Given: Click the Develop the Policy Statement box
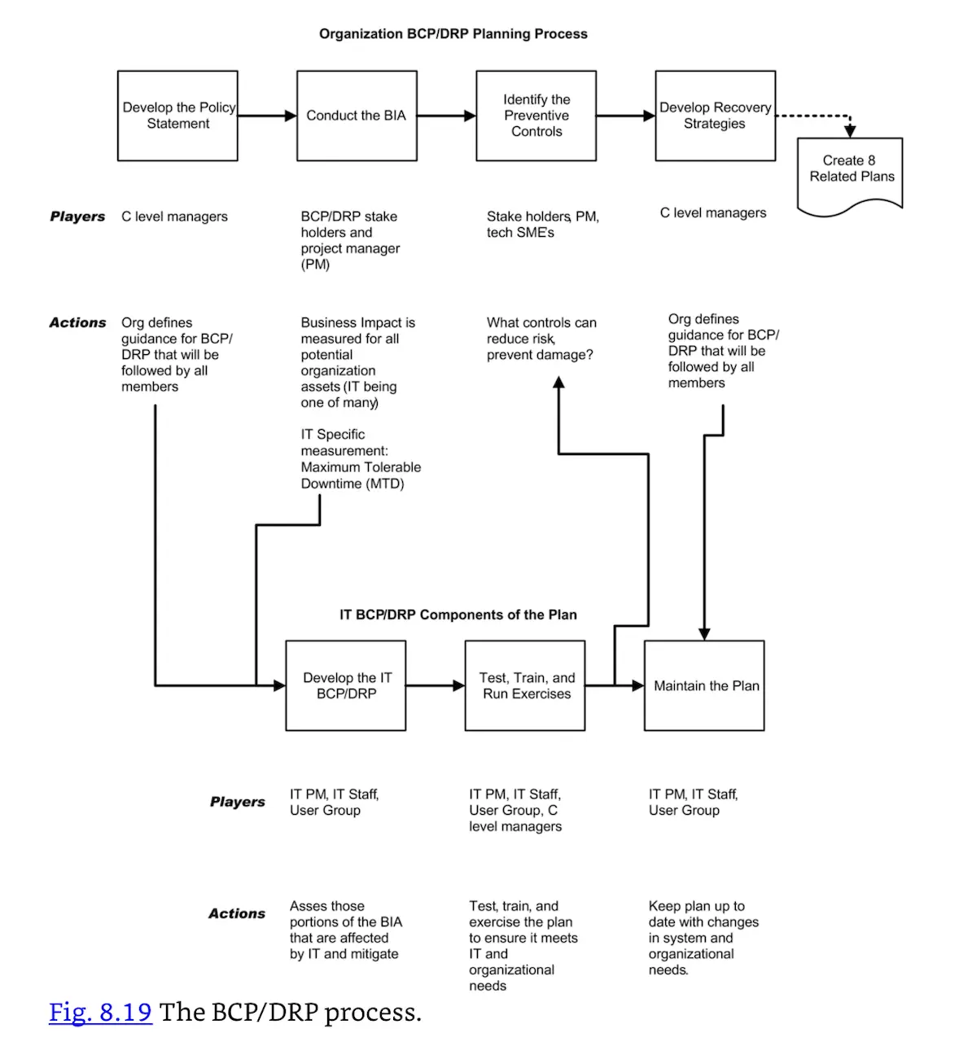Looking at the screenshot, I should point(177,116).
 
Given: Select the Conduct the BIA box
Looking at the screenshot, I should point(357,116).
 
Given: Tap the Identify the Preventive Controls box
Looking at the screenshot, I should point(536,116).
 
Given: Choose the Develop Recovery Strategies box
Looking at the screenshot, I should point(715,116).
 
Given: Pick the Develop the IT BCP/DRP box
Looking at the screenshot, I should point(345,685).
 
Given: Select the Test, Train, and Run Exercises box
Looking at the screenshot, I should point(525,685).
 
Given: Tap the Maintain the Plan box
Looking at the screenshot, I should point(704,685).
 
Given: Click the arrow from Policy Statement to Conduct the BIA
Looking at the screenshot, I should point(267,116).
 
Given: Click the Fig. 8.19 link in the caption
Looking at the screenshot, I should point(100,1012).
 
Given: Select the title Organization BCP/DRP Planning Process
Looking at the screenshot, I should point(453,34).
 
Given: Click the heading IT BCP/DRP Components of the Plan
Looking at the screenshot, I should point(458,615).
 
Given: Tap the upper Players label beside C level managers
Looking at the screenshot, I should point(77,217).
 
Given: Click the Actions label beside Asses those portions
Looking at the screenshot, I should point(236,913).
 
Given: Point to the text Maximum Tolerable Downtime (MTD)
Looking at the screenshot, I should point(360,475).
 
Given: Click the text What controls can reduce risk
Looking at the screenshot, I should point(541,331).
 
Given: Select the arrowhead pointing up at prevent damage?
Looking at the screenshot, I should point(558,382).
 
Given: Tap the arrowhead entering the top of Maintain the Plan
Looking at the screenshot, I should point(704,634).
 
